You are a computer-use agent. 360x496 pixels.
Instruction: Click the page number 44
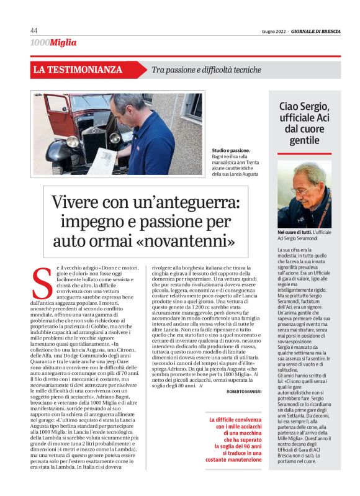(x=34, y=31)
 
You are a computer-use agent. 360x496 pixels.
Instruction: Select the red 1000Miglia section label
(x=53, y=43)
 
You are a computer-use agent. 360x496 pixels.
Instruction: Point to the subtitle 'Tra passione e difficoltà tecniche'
(x=207, y=70)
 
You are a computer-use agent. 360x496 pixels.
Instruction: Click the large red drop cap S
(x=41, y=283)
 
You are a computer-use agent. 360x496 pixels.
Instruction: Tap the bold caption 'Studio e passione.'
(x=231, y=150)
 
